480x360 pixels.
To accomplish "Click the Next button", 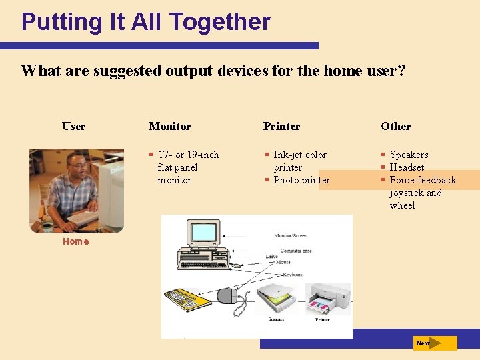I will [434, 343].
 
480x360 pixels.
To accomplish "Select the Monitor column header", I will [169, 126].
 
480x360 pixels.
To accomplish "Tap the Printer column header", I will [281, 126].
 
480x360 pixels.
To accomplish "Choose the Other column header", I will [395, 126].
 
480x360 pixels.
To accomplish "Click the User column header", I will [73, 126].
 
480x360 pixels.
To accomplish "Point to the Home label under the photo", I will [75, 241].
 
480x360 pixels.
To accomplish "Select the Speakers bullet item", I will [409, 155].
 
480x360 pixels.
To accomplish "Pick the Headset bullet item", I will [407, 167].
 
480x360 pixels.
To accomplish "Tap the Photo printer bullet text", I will [301, 180].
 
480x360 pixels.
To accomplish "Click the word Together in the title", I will [219, 22].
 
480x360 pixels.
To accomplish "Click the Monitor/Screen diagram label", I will [291, 236].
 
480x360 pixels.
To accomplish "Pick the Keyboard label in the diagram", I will [293, 274].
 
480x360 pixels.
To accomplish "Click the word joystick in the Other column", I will [407, 193].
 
